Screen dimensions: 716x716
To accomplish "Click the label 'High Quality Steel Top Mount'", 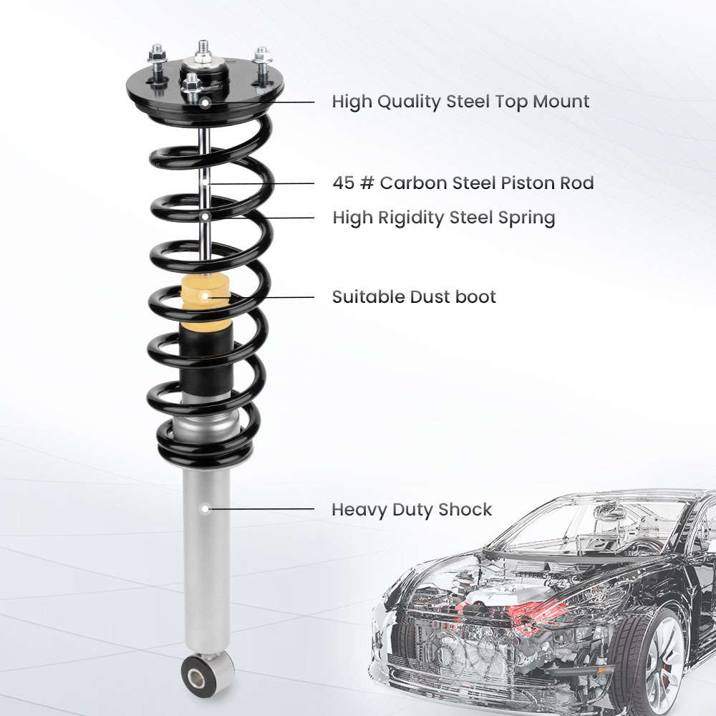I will pos(460,102).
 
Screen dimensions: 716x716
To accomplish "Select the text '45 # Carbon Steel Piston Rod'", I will pos(463,183).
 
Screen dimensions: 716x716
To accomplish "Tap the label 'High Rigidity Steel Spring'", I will pos(443,218).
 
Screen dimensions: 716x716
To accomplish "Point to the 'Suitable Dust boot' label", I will pos(414,296).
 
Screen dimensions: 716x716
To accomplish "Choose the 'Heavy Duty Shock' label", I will pos(412,510).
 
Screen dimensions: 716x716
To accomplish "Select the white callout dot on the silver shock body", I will pos(205,509).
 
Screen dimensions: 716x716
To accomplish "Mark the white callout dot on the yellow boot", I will pos(205,296).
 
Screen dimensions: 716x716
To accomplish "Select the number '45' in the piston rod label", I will pos(343,183).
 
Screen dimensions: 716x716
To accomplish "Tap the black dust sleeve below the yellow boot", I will pos(205,354).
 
